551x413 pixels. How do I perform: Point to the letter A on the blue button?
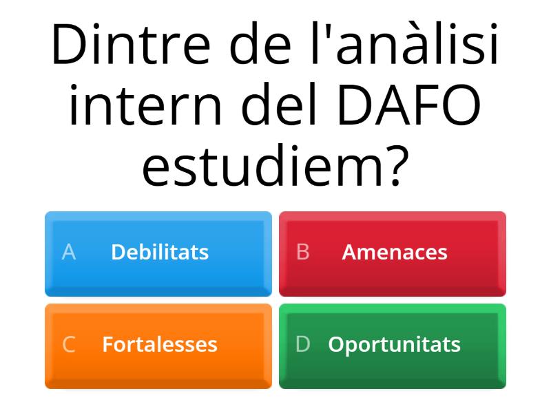[68, 253]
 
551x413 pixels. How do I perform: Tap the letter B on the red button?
[302, 253]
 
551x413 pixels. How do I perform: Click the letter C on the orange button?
[68, 344]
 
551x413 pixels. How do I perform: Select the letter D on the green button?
[302, 344]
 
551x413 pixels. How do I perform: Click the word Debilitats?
[160, 252]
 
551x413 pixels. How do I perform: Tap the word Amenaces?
[395, 252]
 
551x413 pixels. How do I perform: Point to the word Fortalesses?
[160, 344]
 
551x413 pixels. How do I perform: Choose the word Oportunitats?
[395, 344]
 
